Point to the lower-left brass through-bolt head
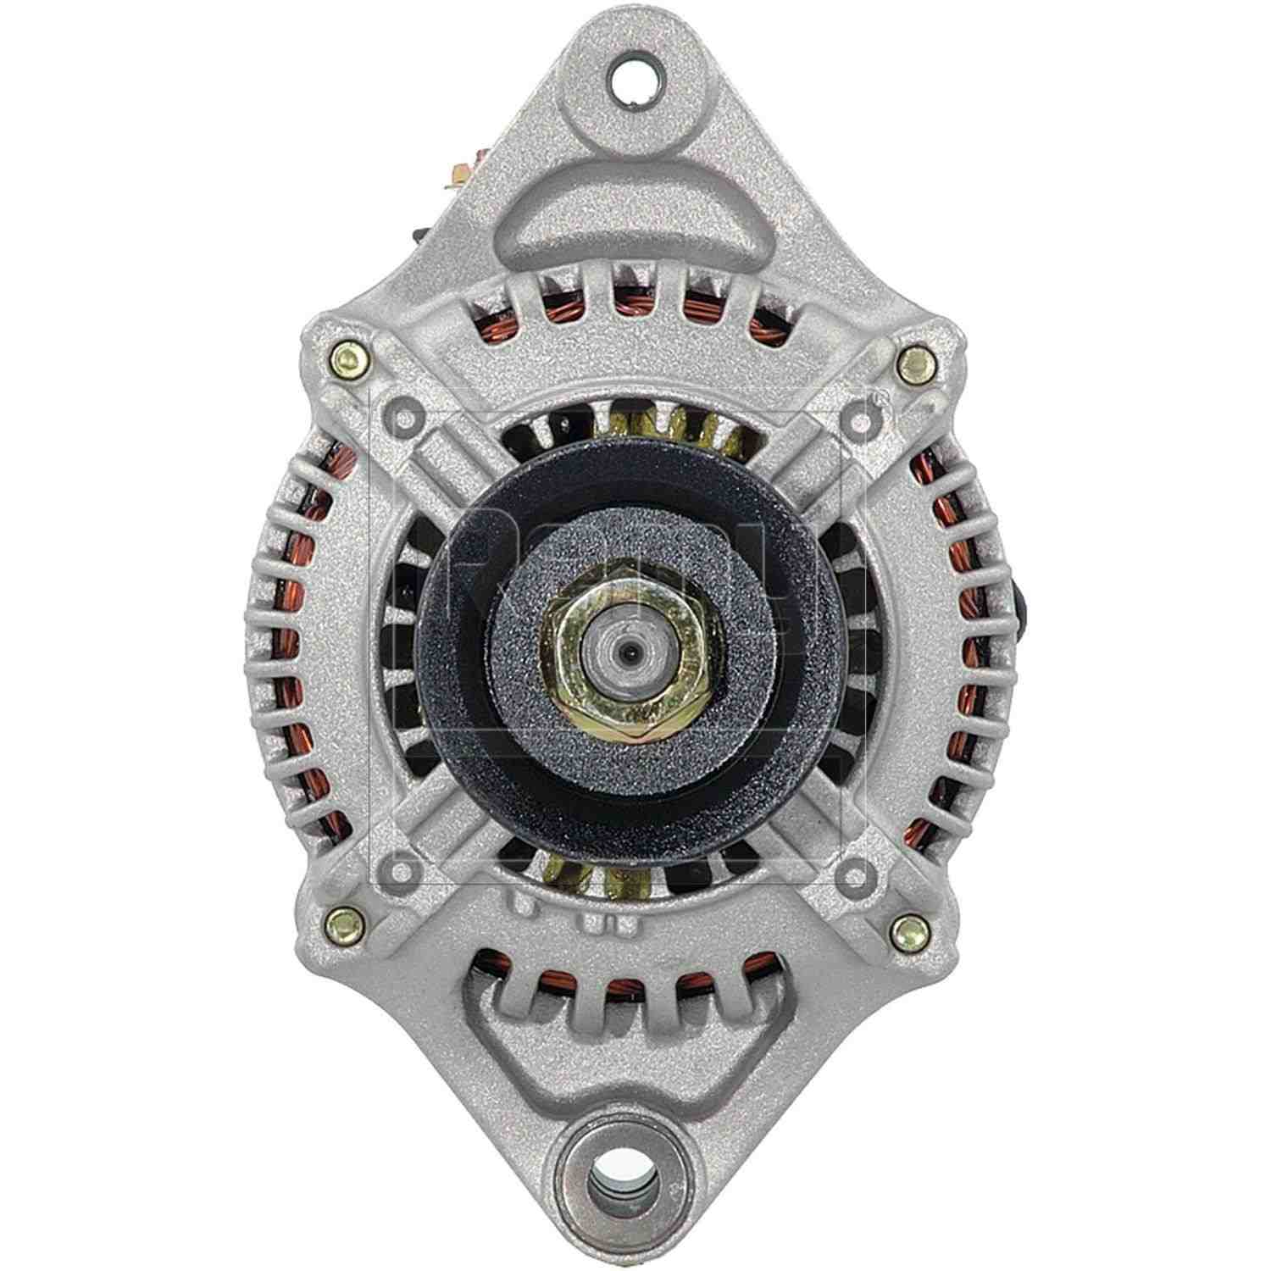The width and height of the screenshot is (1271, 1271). [x=345, y=918]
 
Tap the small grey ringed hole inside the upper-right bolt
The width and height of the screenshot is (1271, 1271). [x=861, y=419]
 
